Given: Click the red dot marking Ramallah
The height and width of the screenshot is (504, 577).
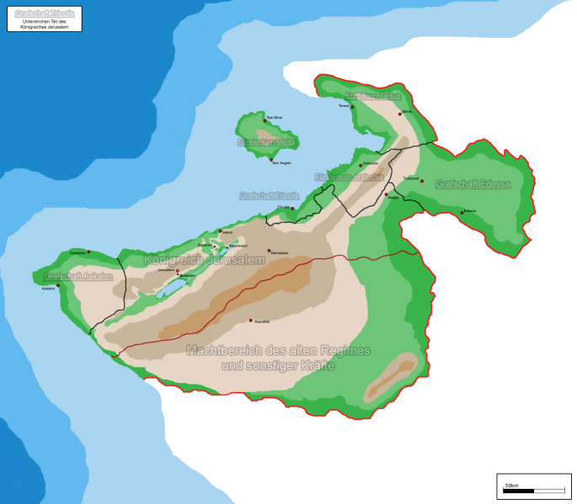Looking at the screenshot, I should pyautogui.click(x=250, y=320).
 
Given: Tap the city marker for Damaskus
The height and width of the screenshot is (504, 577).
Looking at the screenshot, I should pyautogui.click(x=270, y=250).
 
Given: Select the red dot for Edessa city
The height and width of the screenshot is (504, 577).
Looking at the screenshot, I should pyautogui.click(x=462, y=212).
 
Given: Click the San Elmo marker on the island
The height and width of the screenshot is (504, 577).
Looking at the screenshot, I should pyautogui.click(x=265, y=120).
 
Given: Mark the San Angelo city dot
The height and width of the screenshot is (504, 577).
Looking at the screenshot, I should pyautogui.click(x=271, y=160).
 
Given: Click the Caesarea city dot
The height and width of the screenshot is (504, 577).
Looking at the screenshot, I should pyautogui.click(x=88, y=251).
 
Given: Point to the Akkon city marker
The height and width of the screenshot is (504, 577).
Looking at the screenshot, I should pyautogui.click(x=220, y=231).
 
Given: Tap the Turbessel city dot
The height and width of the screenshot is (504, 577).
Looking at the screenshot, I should pyautogui.click(x=420, y=178).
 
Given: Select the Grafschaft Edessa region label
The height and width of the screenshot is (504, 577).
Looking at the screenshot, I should pyautogui.click(x=473, y=183).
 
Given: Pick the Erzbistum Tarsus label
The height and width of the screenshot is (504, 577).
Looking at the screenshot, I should pyautogui.click(x=374, y=96).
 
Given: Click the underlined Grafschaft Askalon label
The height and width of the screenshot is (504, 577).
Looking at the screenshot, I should pyautogui.click(x=78, y=276).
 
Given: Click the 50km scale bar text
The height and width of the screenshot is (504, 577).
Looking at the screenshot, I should pyautogui.click(x=511, y=485).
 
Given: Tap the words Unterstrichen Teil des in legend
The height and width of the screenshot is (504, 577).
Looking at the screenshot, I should pyautogui.click(x=45, y=21).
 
